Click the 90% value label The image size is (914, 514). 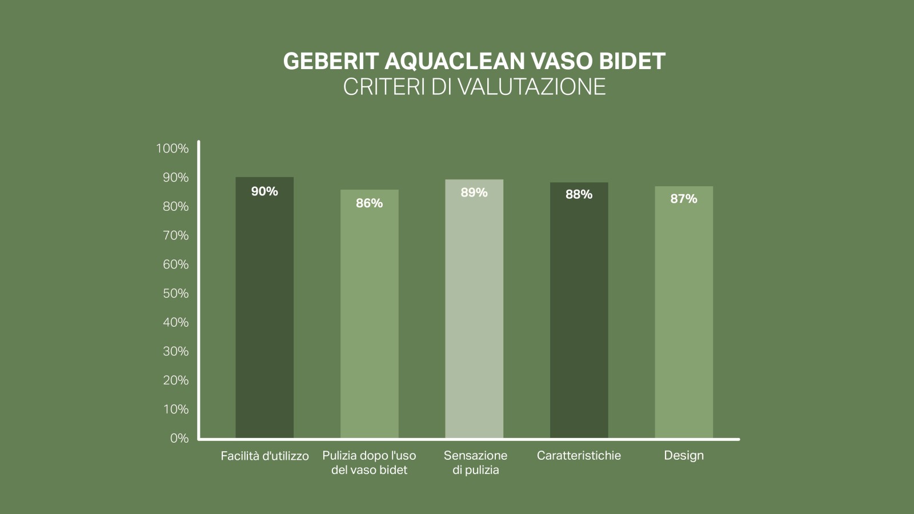264,191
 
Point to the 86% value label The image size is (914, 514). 370,203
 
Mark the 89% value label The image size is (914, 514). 474,192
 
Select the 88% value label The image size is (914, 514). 579,195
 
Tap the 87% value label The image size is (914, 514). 684,199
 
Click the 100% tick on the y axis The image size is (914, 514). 172,148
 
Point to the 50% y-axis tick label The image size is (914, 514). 175,294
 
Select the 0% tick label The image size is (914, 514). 179,438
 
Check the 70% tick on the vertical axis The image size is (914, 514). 175,235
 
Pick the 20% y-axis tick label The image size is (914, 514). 175,380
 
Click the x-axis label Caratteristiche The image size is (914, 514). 579,456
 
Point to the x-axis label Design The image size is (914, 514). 684,456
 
